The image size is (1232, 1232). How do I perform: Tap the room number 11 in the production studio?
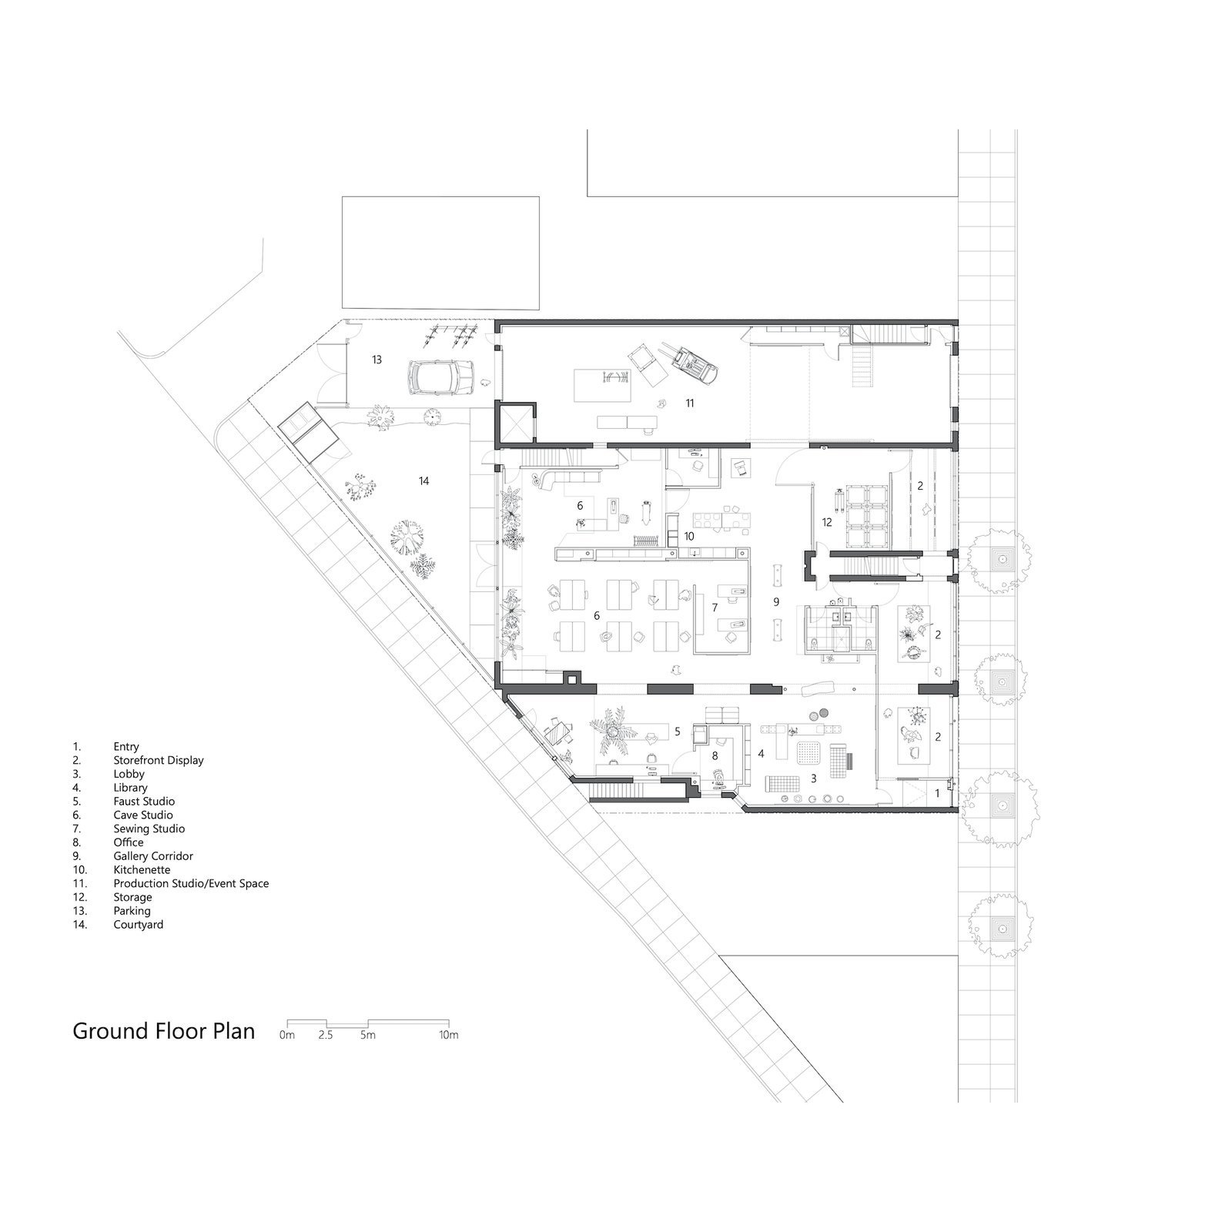[x=690, y=403]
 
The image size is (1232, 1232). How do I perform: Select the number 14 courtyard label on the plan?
[x=423, y=481]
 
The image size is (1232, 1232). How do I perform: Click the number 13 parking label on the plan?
[x=377, y=360]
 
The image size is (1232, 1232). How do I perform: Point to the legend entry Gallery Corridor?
[x=153, y=856]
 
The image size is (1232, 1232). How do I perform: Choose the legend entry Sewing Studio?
[x=149, y=829]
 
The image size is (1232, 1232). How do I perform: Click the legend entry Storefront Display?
[x=159, y=760]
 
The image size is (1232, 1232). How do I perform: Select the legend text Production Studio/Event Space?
[x=191, y=883]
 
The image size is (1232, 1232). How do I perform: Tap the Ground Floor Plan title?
[x=164, y=1031]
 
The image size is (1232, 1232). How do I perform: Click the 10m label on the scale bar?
[x=449, y=1036]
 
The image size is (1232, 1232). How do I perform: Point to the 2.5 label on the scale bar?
[x=326, y=1036]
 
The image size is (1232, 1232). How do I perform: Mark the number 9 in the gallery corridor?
[x=776, y=601]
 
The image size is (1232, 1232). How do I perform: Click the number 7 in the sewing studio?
[x=715, y=608]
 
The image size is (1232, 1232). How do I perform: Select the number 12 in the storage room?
[x=827, y=522]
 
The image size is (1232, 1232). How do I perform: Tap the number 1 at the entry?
[x=937, y=792]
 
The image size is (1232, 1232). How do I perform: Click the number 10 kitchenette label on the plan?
[x=689, y=536]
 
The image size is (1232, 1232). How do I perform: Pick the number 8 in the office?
[x=715, y=755]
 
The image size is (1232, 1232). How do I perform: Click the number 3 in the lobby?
[x=813, y=779]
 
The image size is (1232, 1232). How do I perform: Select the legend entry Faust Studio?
[x=144, y=802]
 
